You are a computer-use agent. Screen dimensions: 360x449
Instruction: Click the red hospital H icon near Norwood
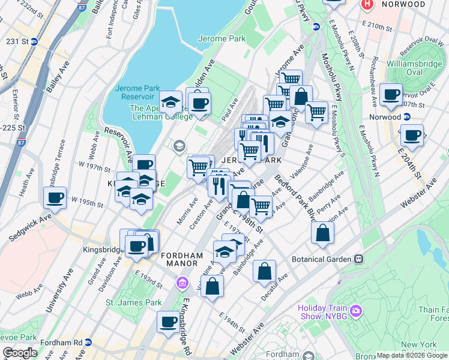tap(367, 4)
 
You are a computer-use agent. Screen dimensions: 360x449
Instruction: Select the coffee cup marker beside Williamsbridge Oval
tap(391, 94)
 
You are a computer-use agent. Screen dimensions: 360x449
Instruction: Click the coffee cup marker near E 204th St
tap(412, 136)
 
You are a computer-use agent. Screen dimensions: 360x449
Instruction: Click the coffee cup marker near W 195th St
tap(55, 197)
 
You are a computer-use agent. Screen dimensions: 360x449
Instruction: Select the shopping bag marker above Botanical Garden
tap(322, 233)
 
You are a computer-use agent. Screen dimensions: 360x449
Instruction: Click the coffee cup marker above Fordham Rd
tap(167, 322)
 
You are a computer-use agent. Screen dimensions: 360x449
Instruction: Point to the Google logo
tap(19, 353)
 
